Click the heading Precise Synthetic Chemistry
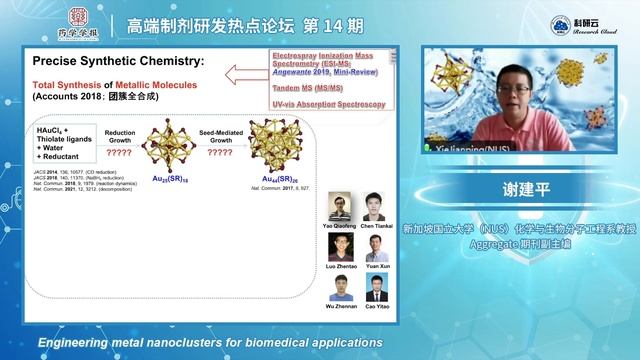click(x=118, y=61)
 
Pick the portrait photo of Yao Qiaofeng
click(x=339, y=206)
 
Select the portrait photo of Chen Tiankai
click(x=376, y=206)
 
